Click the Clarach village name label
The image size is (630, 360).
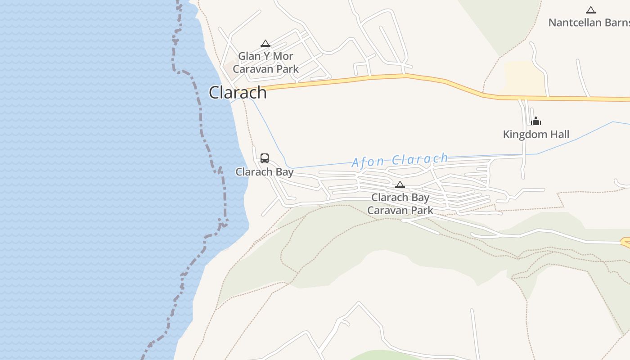(238, 93)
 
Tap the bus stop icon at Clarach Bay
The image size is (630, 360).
(265, 158)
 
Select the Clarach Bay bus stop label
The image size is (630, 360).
(265, 172)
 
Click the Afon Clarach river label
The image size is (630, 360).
(400, 160)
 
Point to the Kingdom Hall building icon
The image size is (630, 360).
(536, 121)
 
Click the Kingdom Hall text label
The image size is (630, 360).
(536, 134)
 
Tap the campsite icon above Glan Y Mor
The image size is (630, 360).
(265, 44)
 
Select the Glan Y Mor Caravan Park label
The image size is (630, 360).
(265, 63)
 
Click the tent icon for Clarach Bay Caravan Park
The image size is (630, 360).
(400, 184)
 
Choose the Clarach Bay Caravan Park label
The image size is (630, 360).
(400, 204)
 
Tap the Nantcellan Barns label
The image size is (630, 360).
(589, 22)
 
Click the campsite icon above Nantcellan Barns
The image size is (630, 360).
(590, 10)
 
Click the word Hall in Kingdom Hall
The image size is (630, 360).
(559, 134)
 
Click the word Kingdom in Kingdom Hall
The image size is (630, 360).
(525, 134)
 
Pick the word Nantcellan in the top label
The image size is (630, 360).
(575, 22)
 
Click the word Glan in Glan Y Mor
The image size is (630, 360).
(249, 56)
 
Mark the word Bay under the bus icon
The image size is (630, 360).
(284, 172)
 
